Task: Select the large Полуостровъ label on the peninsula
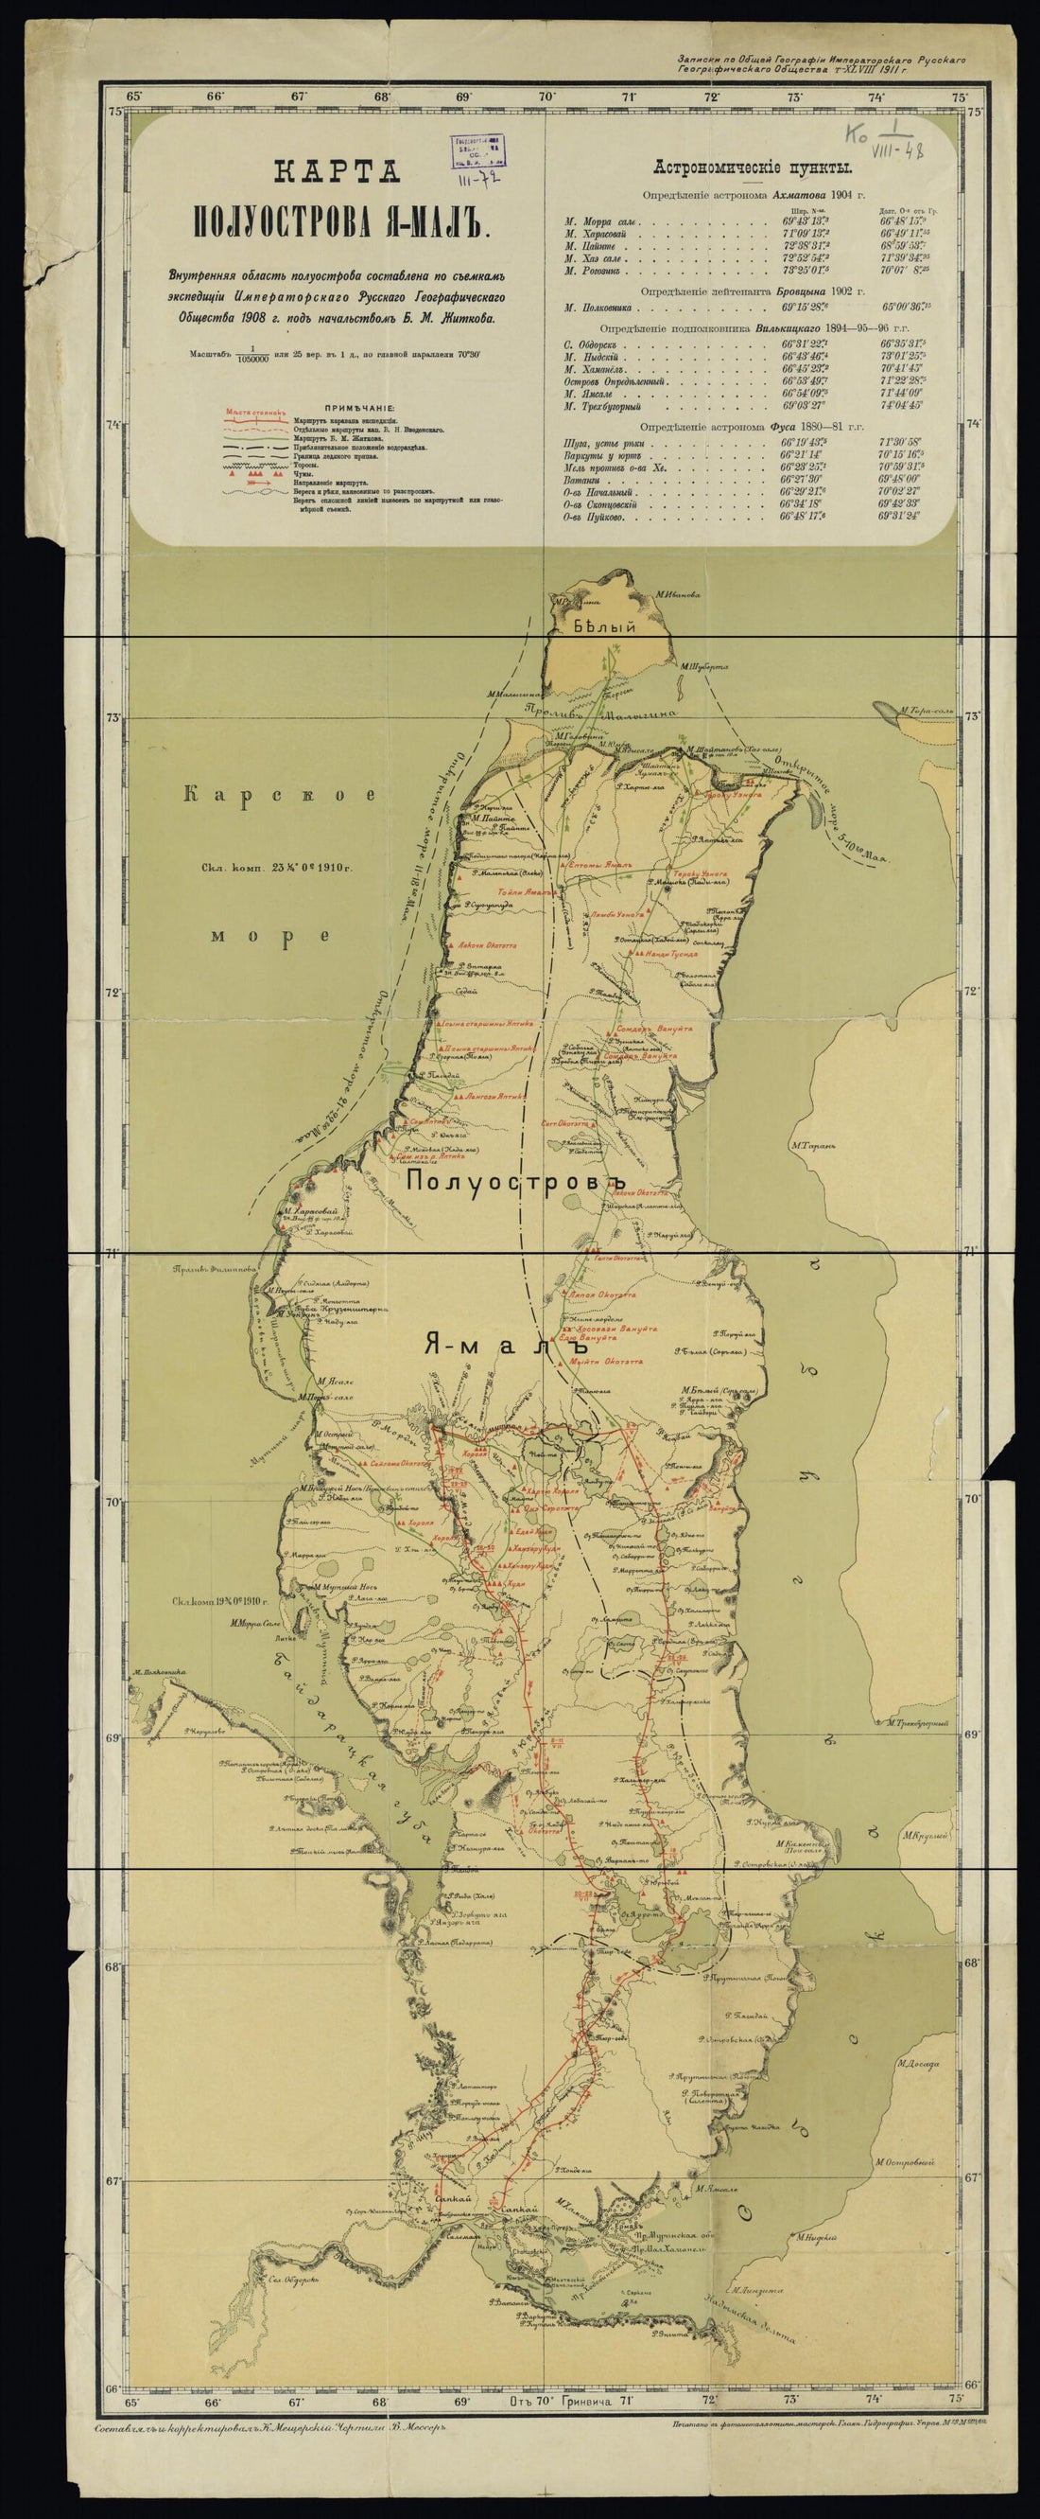coord(514,1180)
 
